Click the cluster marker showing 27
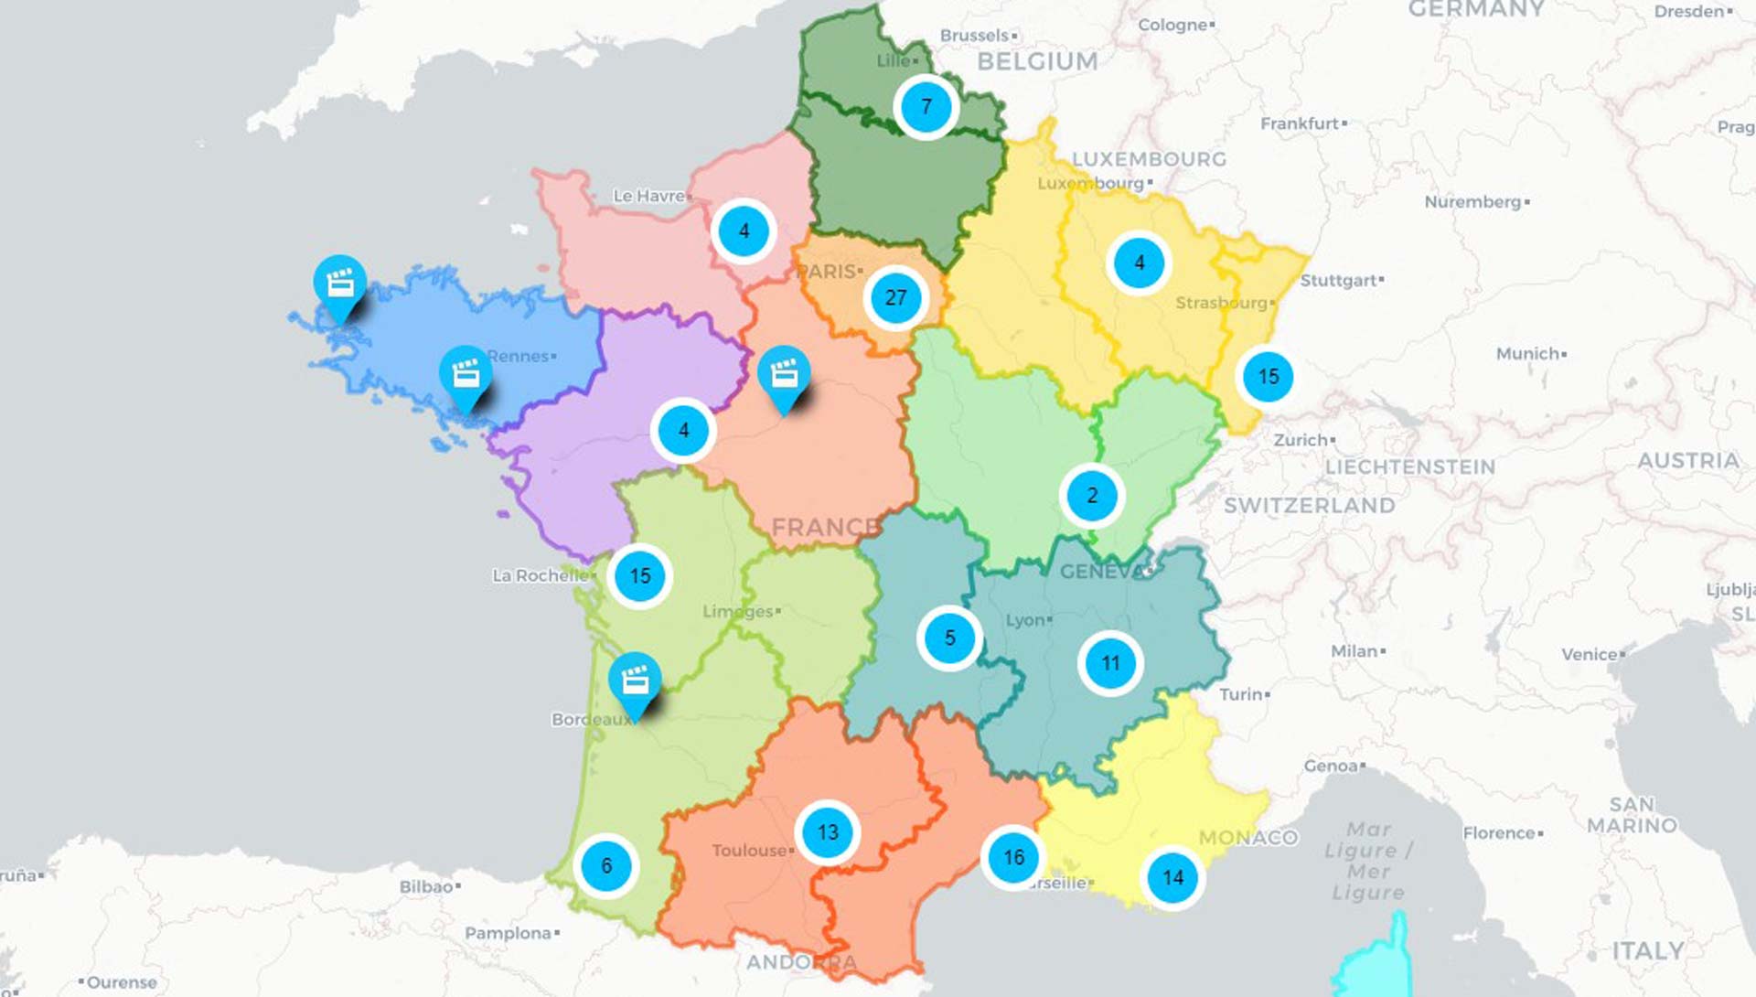(x=895, y=297)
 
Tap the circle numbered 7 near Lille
(x=926, y=107)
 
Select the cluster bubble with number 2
(x=1092, y=496)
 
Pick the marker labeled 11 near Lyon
(x=1110, y=663)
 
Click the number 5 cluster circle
(x=949, y=638)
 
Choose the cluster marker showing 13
(x=828, y=832)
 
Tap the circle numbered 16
(x=1013, y=857)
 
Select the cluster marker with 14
(x=1172, y=878)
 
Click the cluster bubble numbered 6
(x=606, y=865)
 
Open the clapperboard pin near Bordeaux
(x=635, y=681)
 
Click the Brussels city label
(x=975, y=36)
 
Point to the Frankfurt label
(x=1300, y=123)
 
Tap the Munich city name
(x=1527, y=354)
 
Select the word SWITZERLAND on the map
(x=1309, y=506)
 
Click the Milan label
(x=1354, y=651)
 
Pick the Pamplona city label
(x=508, y=933)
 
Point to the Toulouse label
(x=749, y=851)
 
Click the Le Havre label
(x=648, y=196)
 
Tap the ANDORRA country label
(x=801, y=962)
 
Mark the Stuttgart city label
(x=1339, y=280)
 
